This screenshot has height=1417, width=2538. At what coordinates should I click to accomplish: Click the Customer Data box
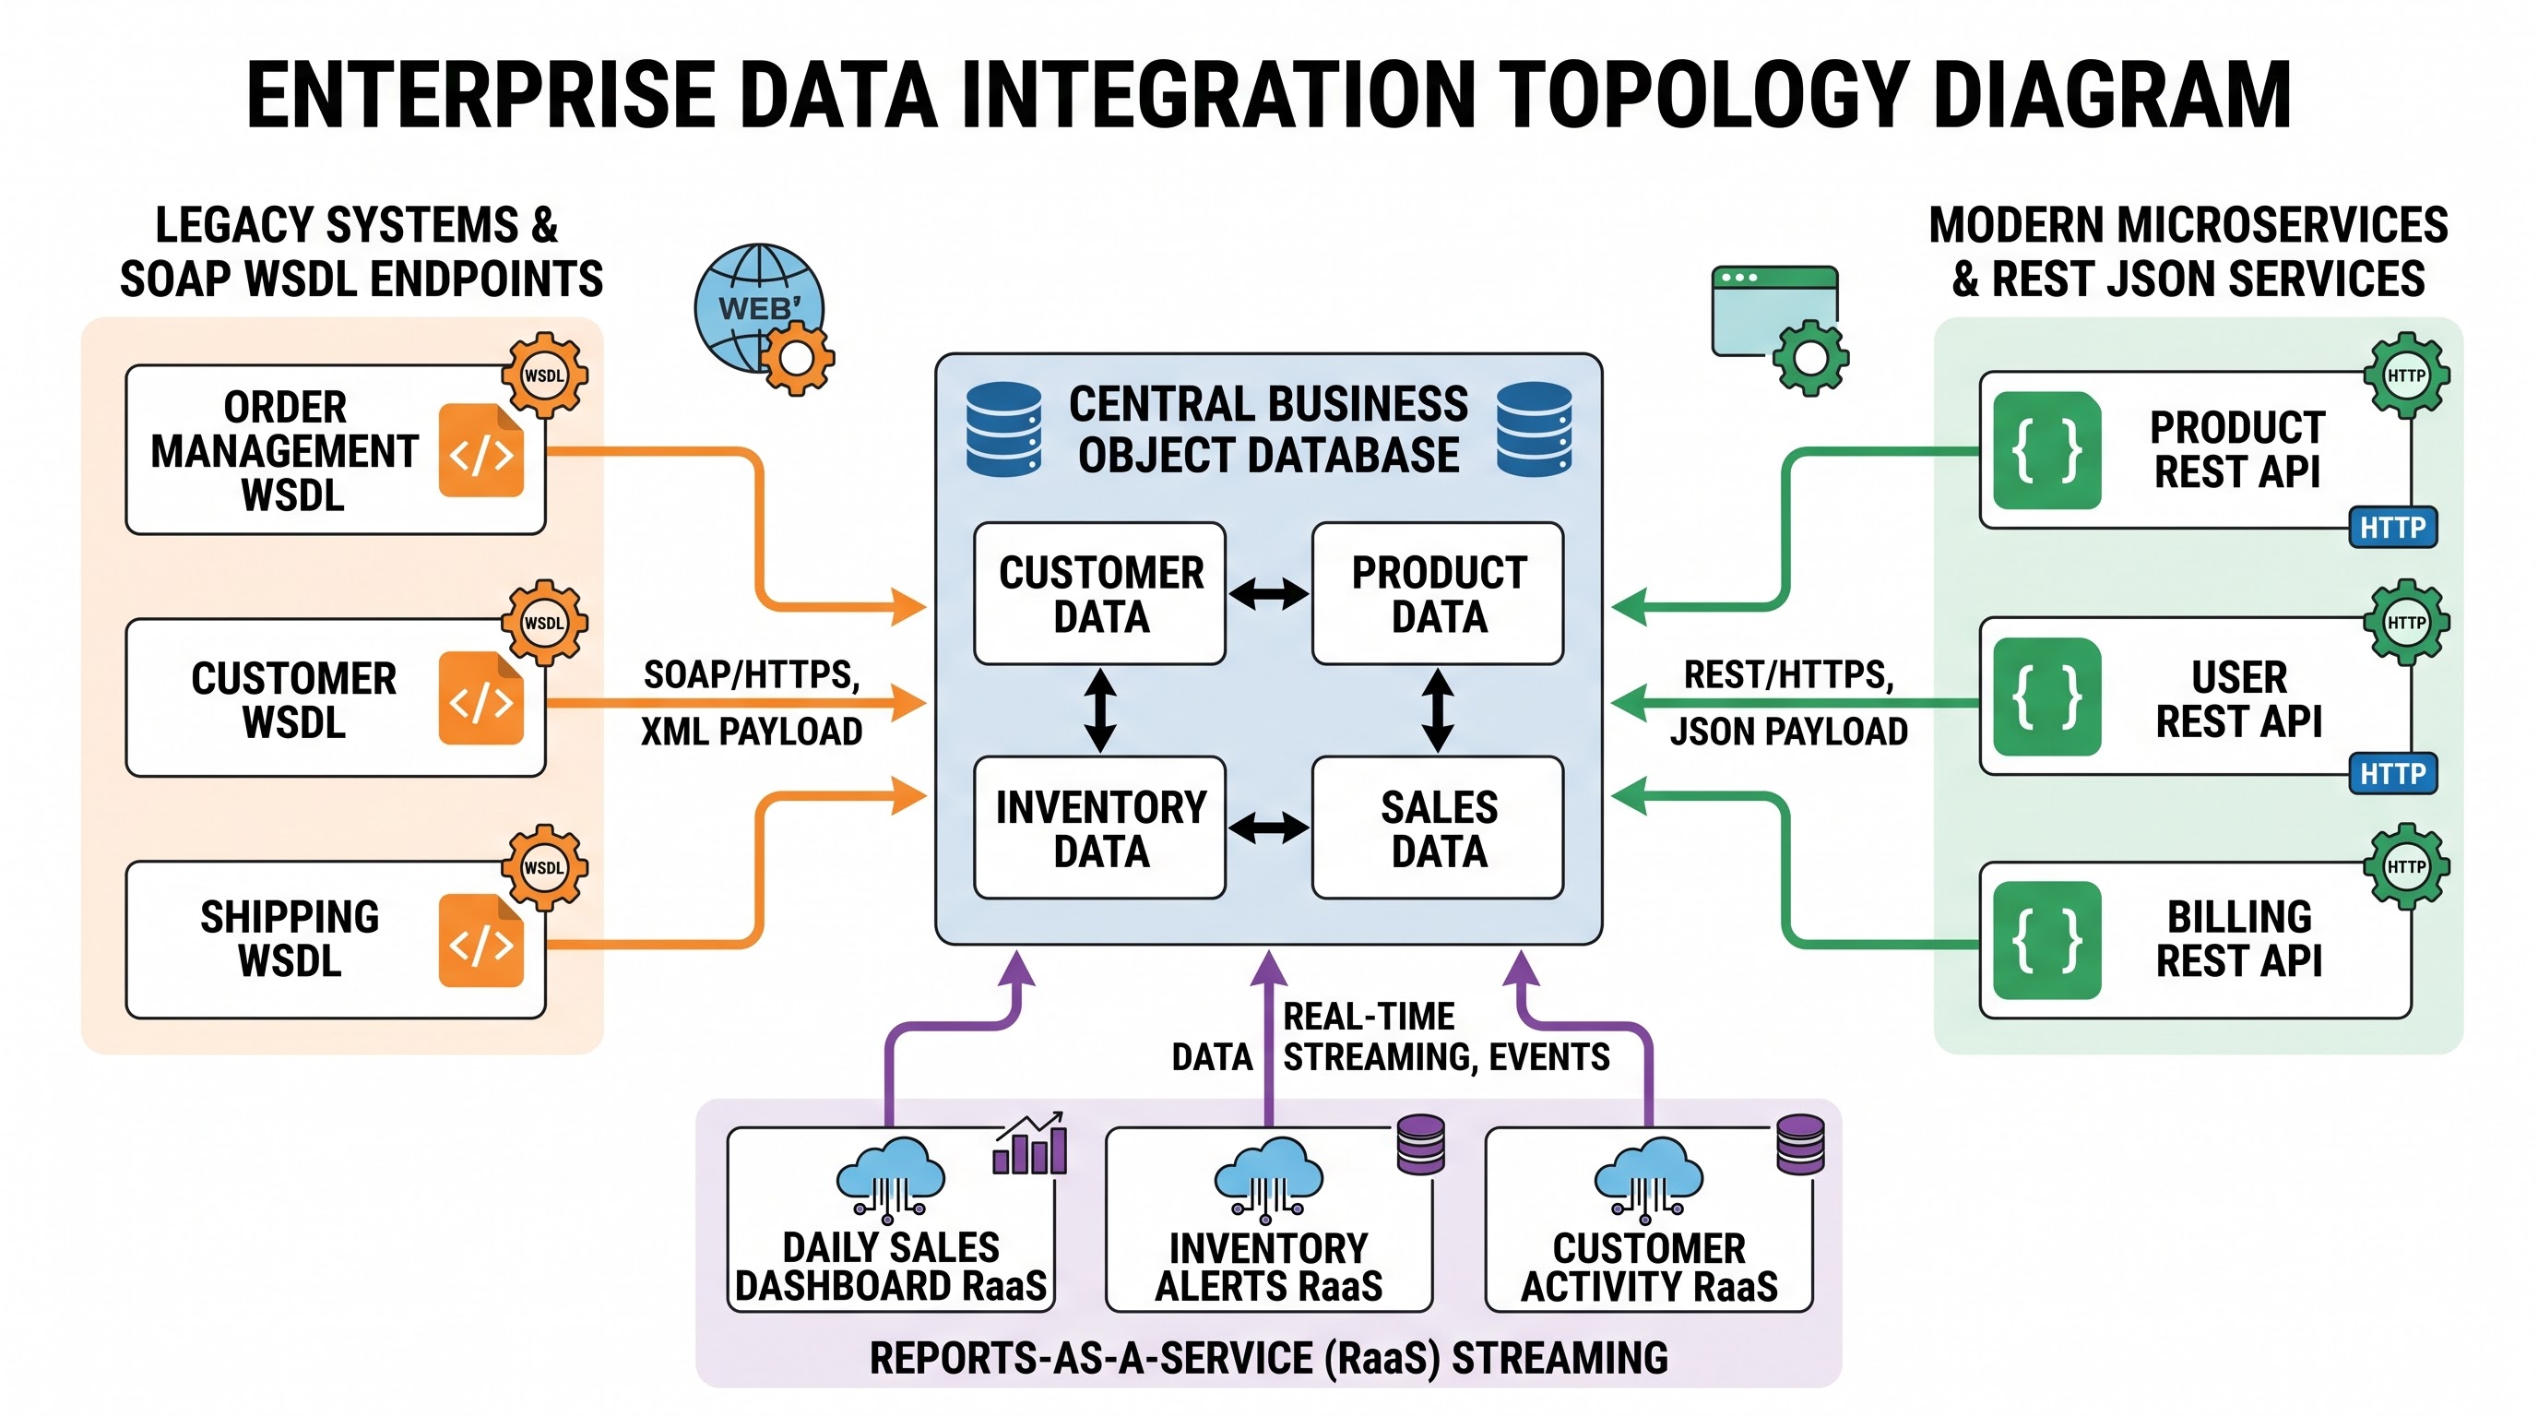click(1099, 593)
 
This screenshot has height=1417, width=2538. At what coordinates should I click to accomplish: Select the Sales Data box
click(1438, 828)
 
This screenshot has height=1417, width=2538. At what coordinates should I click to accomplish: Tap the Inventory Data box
click(1099, 828)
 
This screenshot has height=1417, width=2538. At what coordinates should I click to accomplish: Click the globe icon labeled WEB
click(759, 307)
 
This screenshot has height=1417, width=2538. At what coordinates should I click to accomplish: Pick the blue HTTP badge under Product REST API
click(2392, 527)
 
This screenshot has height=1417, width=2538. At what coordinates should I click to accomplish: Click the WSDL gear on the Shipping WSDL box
click(545, 867)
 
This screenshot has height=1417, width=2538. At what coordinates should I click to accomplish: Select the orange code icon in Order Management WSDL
click(480, 450)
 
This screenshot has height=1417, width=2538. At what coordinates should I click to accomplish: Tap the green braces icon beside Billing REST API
click(2046, 940)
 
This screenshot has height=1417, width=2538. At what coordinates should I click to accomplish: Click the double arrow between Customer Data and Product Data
click(1269, 593)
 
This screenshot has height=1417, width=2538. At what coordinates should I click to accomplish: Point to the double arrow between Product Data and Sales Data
click(1438, 710)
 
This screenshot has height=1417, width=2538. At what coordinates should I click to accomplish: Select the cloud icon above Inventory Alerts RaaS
click(1269, 1175)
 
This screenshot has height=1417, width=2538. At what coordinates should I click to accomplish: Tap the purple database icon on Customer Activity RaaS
click(1800, 1144)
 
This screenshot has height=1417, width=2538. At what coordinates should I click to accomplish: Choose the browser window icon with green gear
click(1779, 329)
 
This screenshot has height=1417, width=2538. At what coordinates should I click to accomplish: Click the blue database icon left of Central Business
click(1003, 430)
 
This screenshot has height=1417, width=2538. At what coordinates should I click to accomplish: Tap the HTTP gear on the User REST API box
click(2407, 622)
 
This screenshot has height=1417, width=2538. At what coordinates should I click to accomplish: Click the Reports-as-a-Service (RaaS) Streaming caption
click(1268, 1357)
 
